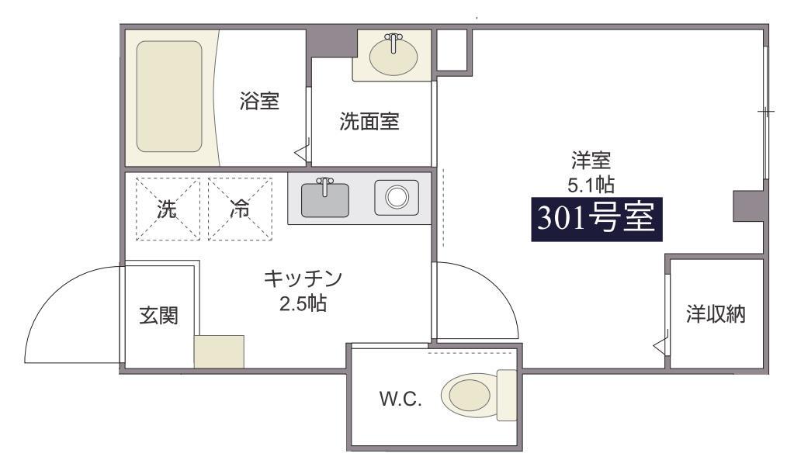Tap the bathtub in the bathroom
(169, 96)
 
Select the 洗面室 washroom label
(369, 122)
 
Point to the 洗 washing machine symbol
(167, 209)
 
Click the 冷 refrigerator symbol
(240, 209)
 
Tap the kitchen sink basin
(325, 198)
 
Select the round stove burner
(397, 197)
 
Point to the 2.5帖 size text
(303, 303)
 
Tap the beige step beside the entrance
(219, 351)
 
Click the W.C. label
(400, 400)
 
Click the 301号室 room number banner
(597, 219)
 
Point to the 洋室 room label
(591, 162)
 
